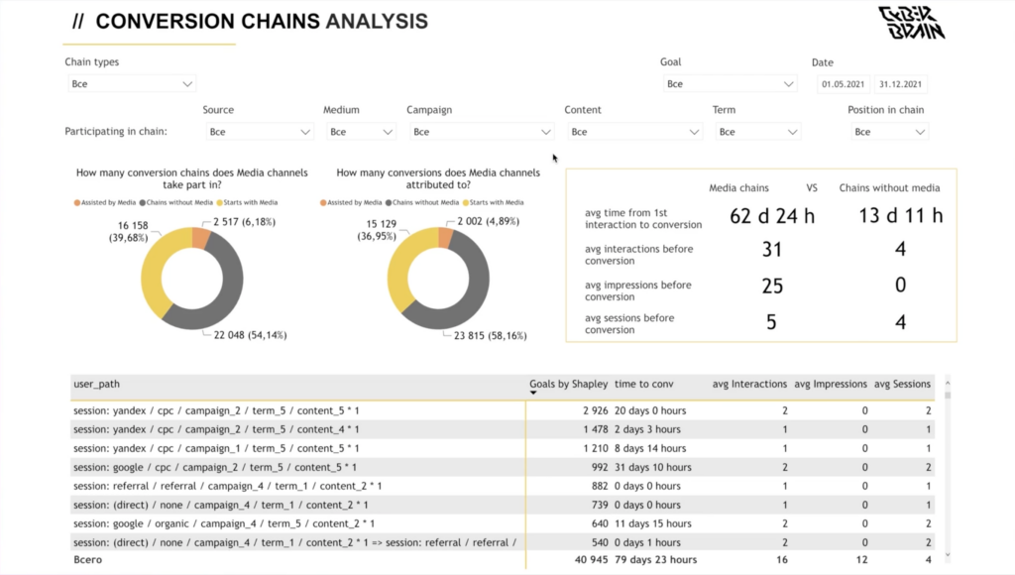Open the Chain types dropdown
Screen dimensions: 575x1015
click(132, 84)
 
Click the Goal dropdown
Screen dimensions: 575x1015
click(730, 84)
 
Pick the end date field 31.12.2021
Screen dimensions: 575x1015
click(900, 84)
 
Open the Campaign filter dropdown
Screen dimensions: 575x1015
click(481, 132)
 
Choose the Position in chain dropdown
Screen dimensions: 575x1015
click(888, 132)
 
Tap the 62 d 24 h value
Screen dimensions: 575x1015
click(772, 216)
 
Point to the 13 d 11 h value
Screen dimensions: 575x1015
click(900, 216)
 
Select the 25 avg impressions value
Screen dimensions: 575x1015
click(772, 287)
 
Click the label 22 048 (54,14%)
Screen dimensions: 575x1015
click(250, 335)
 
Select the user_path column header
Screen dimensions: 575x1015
click(97, 384)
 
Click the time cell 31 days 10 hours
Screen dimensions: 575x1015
click(653, 467)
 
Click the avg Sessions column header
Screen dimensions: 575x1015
click(901, 384)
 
